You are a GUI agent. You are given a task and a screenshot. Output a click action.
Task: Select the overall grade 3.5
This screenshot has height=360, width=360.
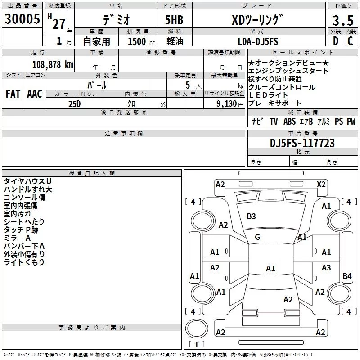coord(342,20)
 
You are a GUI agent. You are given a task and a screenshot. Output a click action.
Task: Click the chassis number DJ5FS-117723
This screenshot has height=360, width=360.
coord(302,143)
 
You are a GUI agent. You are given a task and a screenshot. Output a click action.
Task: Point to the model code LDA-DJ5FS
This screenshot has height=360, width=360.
coord(258,41)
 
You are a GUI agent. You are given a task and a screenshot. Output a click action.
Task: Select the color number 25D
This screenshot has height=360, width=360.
coord(75,103)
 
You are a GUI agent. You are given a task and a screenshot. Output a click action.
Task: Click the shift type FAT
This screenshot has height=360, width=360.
coord(13,94)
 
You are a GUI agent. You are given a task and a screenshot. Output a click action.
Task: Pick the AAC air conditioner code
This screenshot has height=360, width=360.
coord(35,94)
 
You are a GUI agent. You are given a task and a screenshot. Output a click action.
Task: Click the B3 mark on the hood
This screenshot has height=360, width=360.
coord(251,216)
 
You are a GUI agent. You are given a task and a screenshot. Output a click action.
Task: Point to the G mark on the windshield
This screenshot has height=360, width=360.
coord(257,237)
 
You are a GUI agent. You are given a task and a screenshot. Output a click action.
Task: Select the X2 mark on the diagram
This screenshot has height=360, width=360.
coord(321,184)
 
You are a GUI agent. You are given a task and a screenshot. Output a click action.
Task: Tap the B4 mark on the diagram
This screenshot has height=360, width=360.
coord(347,276)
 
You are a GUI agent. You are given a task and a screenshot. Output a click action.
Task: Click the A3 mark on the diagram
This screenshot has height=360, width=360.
coord(326,268)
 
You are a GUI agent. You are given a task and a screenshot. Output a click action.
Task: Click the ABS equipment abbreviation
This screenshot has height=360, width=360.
coord(290,121)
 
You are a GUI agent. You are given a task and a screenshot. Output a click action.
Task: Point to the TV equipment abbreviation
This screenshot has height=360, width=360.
coord(274,121)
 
